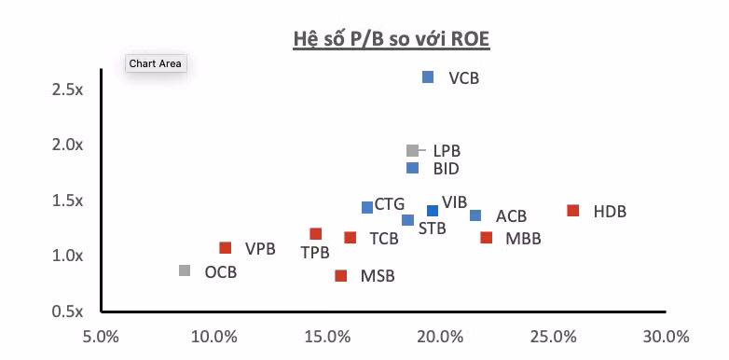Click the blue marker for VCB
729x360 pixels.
tap(428, 77)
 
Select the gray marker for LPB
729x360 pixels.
tap(412, 150)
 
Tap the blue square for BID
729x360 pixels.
tap(412, 168)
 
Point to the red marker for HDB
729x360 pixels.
tap(573, 211)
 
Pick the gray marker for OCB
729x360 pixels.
tap(185, 270)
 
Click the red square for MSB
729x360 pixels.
tap(341, 275)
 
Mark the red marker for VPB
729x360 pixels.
tap(225, 248)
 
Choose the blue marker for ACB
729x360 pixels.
tap(475, 215)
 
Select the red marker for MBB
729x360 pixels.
tap(486, 238)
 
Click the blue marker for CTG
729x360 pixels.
tap(367, 207)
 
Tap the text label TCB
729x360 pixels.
tap(383, 239)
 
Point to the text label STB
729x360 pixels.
tap(432, 228)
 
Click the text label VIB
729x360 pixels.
tap(454, 202)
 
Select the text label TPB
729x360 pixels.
tap(315, 253)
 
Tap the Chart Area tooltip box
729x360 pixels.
tap(157, 63)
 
